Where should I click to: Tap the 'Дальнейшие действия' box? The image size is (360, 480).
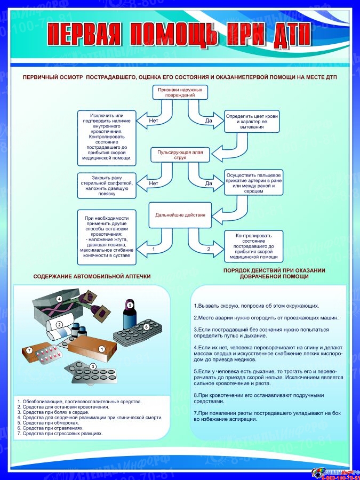point(180,215)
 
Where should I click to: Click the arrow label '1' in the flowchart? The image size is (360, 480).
point(154,249)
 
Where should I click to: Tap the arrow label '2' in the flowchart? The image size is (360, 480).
point(209,249)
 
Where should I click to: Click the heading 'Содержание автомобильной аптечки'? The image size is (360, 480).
point(92,277)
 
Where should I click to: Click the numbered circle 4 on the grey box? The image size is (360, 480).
point(60,299)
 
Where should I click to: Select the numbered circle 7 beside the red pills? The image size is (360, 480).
point(30,350)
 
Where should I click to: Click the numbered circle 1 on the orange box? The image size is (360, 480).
point(101,349)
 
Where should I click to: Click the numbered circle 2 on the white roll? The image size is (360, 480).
point(60,324)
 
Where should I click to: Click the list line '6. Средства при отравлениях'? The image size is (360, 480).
point(51,428)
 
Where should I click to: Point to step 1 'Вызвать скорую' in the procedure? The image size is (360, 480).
point(256,306)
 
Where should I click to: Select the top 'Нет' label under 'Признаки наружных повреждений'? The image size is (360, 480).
point(154,121)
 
